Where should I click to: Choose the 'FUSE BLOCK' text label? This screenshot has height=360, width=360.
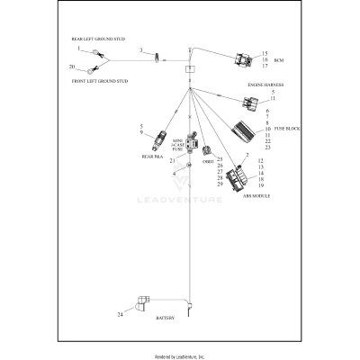pos(286,129)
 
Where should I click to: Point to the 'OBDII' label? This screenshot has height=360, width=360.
pos(207,163)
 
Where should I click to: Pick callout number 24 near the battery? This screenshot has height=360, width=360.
pos(119,315)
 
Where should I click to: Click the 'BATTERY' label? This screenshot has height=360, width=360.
pos(167,319)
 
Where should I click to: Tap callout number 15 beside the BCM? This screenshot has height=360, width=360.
pos(265,53)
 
